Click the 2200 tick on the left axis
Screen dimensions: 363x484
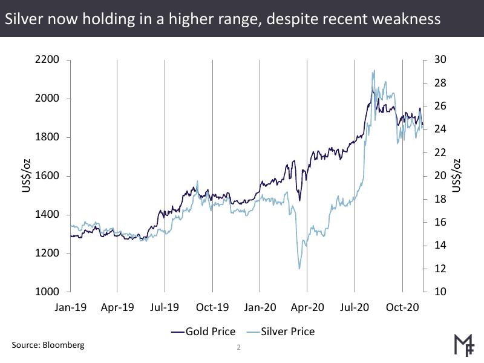[x=47, y=60]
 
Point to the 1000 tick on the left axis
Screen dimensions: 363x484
[x=47, y=292]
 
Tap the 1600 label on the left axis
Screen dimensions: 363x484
[x=47, y=176]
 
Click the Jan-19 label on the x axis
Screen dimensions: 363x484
[x=71, y=307]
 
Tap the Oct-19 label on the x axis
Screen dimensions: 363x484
[x=213, y=307]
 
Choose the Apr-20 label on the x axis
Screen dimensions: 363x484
[x=308, y=307]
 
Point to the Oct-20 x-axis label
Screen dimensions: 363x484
[x=403, y=307]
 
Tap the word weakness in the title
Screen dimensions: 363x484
[x=406, y=19]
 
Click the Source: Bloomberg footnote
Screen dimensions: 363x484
[x=48, y=345]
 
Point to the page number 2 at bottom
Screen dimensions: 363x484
[x=238, y=348]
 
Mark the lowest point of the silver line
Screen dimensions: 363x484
[x=299, y=269]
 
